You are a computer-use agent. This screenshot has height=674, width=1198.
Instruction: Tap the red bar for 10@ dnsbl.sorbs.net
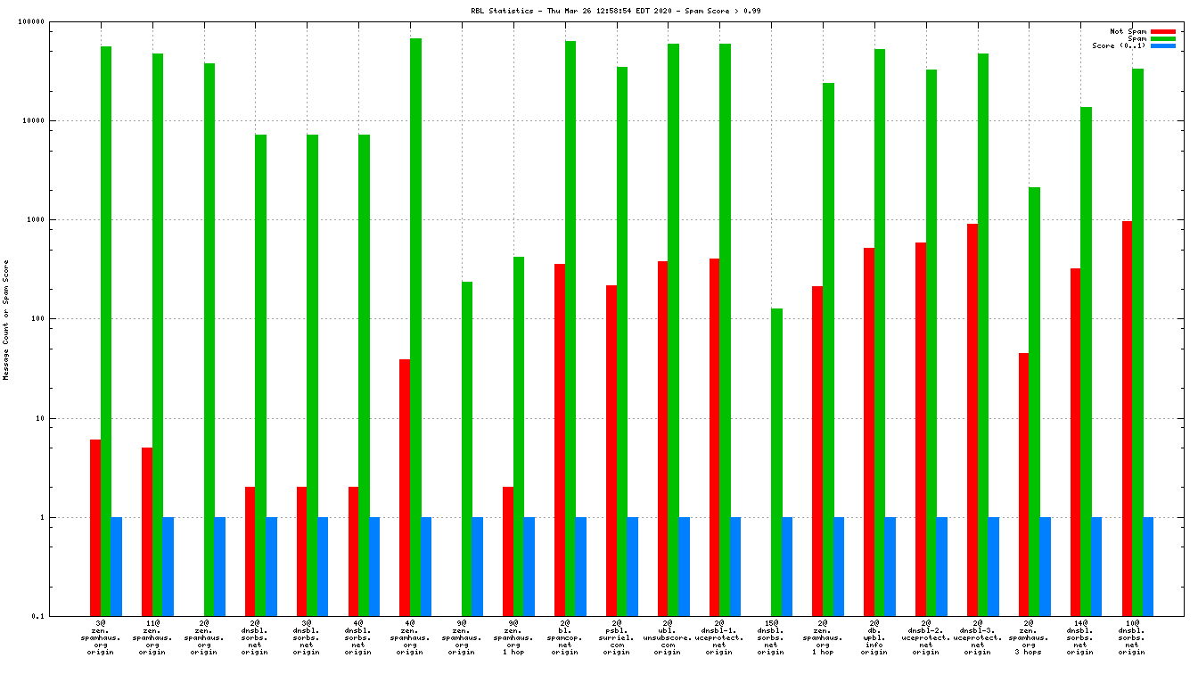tap(1127, 418)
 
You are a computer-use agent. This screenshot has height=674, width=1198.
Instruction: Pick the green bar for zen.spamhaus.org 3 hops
tap(1034, 401)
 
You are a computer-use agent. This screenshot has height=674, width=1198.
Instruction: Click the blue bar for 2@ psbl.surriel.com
tap(632, 566)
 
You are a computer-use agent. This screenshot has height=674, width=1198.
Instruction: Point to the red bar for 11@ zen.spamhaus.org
tap(147, 531)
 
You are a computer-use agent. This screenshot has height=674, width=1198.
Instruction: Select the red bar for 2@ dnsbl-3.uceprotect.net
tap(972, 419)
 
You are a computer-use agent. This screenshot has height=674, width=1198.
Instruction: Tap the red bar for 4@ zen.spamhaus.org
tap(405, 487)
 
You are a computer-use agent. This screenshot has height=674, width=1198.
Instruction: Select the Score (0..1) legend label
tap(1119, 46)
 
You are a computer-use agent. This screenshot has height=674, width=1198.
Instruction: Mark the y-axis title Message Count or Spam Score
tap(6, 320)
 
